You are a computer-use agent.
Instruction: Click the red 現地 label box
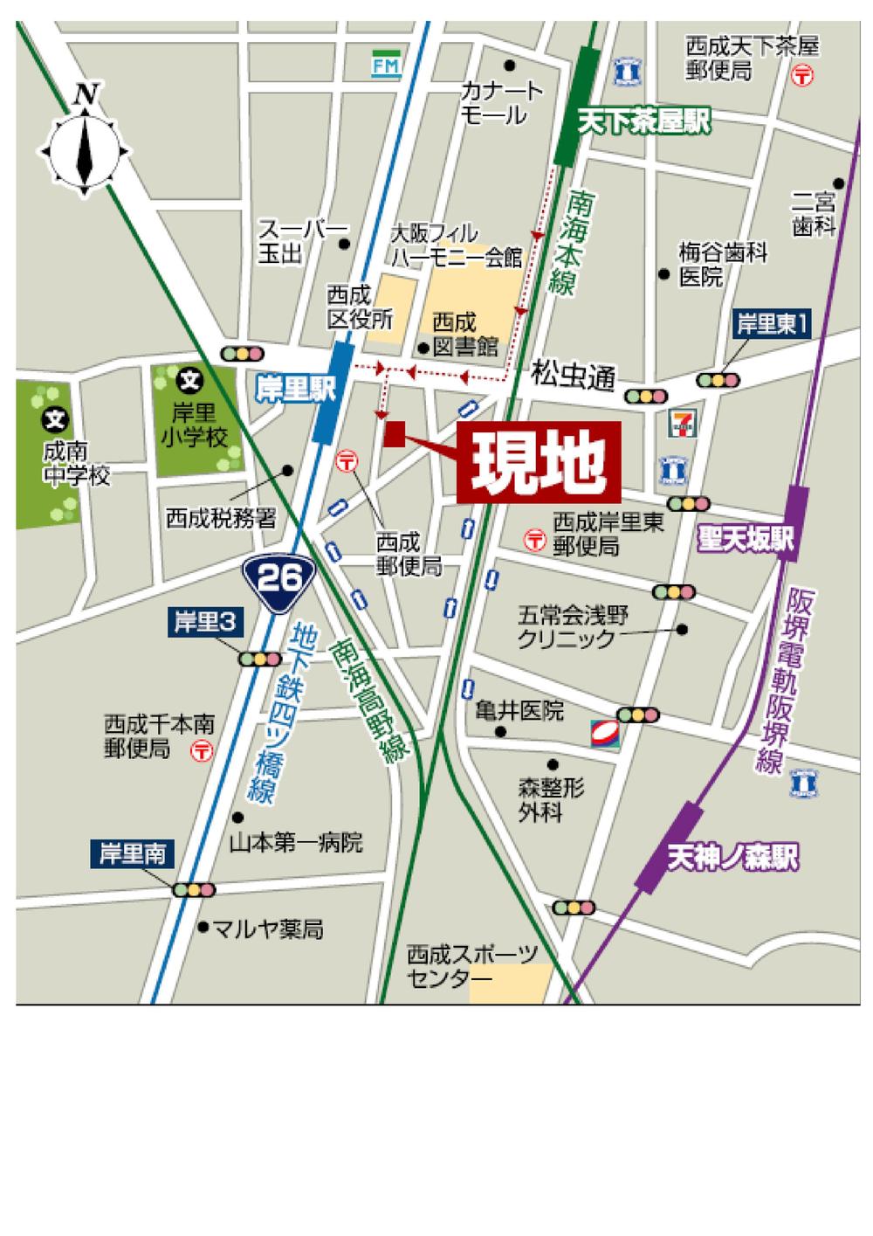click(538, 462)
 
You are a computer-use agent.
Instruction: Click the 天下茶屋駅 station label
click(644, 121)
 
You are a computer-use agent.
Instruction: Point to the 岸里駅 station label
click(297, 389)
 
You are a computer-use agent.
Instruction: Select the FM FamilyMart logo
click(385, 66)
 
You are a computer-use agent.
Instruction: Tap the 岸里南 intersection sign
click(133, 853)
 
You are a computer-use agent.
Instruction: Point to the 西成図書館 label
click(464, 334)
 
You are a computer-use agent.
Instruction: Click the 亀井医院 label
click(519, 710)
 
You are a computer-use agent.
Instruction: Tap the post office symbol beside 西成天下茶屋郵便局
click(802, 76)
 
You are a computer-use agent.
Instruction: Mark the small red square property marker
click(394, 435)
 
